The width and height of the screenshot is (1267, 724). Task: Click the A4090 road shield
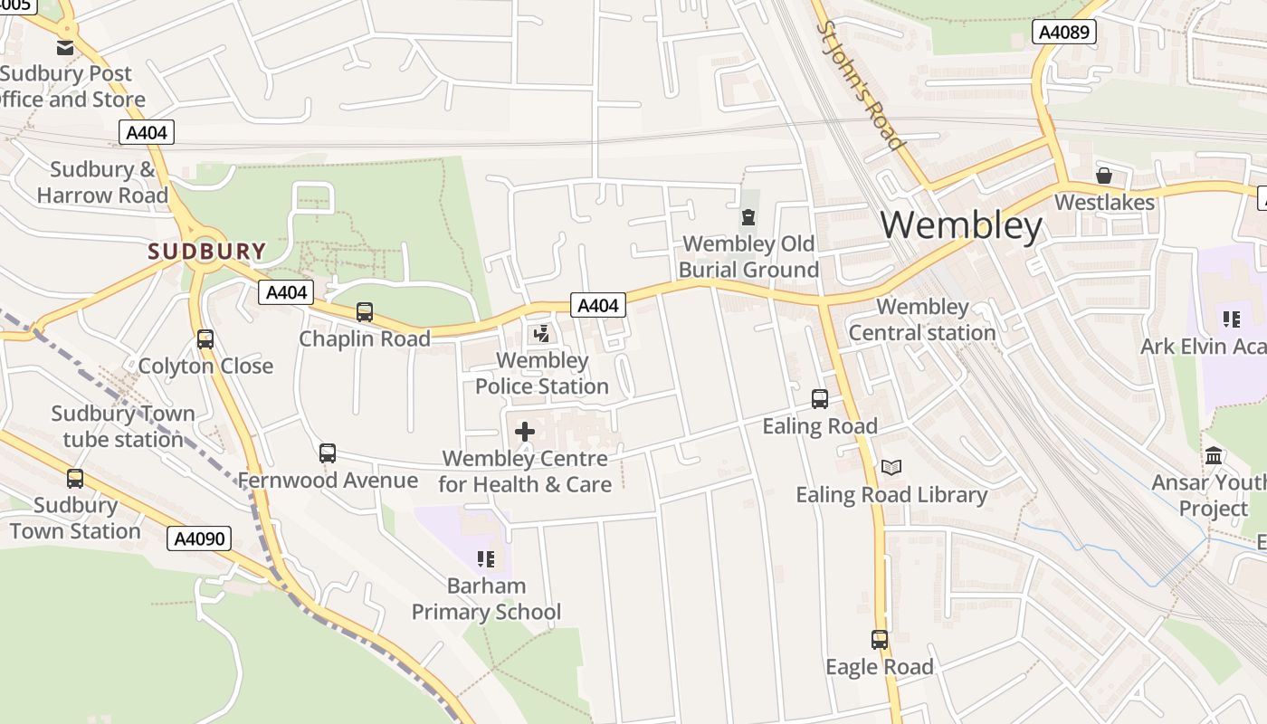[199, 539]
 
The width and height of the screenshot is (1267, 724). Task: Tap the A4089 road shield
[1064, 33]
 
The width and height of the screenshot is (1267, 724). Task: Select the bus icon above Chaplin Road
[365, 312]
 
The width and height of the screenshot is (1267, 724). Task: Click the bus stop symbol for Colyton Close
[205, 339]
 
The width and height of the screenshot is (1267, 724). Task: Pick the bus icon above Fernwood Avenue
[328, 453]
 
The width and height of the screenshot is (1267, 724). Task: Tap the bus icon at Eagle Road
[880, 640]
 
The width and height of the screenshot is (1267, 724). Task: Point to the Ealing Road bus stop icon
[820, 399]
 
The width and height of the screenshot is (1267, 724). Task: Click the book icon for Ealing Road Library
[891, 467]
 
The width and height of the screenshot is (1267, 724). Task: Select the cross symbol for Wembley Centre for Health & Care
[525, 432]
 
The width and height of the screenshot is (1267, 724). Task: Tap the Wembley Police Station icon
[541, 335]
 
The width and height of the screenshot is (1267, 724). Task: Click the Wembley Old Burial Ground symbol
[748, 217]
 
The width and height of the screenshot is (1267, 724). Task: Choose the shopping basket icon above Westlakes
[1104, 176]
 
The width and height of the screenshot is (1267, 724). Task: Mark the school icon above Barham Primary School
[486, 559]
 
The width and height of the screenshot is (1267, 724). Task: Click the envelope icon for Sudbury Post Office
[65, 48]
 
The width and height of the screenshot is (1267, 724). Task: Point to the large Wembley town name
[961, 224]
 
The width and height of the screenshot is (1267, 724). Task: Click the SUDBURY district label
[207, 252]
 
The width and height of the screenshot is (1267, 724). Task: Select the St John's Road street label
[860, 86]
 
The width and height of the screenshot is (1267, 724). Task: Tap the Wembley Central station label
[922, 319]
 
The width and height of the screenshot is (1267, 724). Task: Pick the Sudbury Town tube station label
[122, 426]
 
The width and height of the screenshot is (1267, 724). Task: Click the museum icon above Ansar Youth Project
[1214, 455]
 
